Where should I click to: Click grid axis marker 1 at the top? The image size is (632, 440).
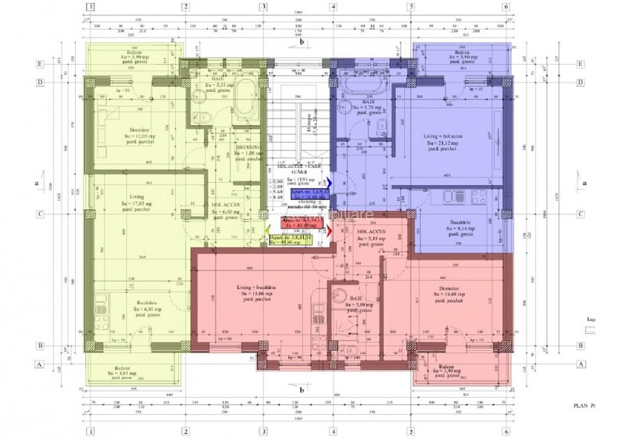click(91, 7)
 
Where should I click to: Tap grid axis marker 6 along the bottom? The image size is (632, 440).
click(506, 431)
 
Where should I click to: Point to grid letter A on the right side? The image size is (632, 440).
click(580, 363)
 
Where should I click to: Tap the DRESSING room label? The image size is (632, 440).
click(247, 151)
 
